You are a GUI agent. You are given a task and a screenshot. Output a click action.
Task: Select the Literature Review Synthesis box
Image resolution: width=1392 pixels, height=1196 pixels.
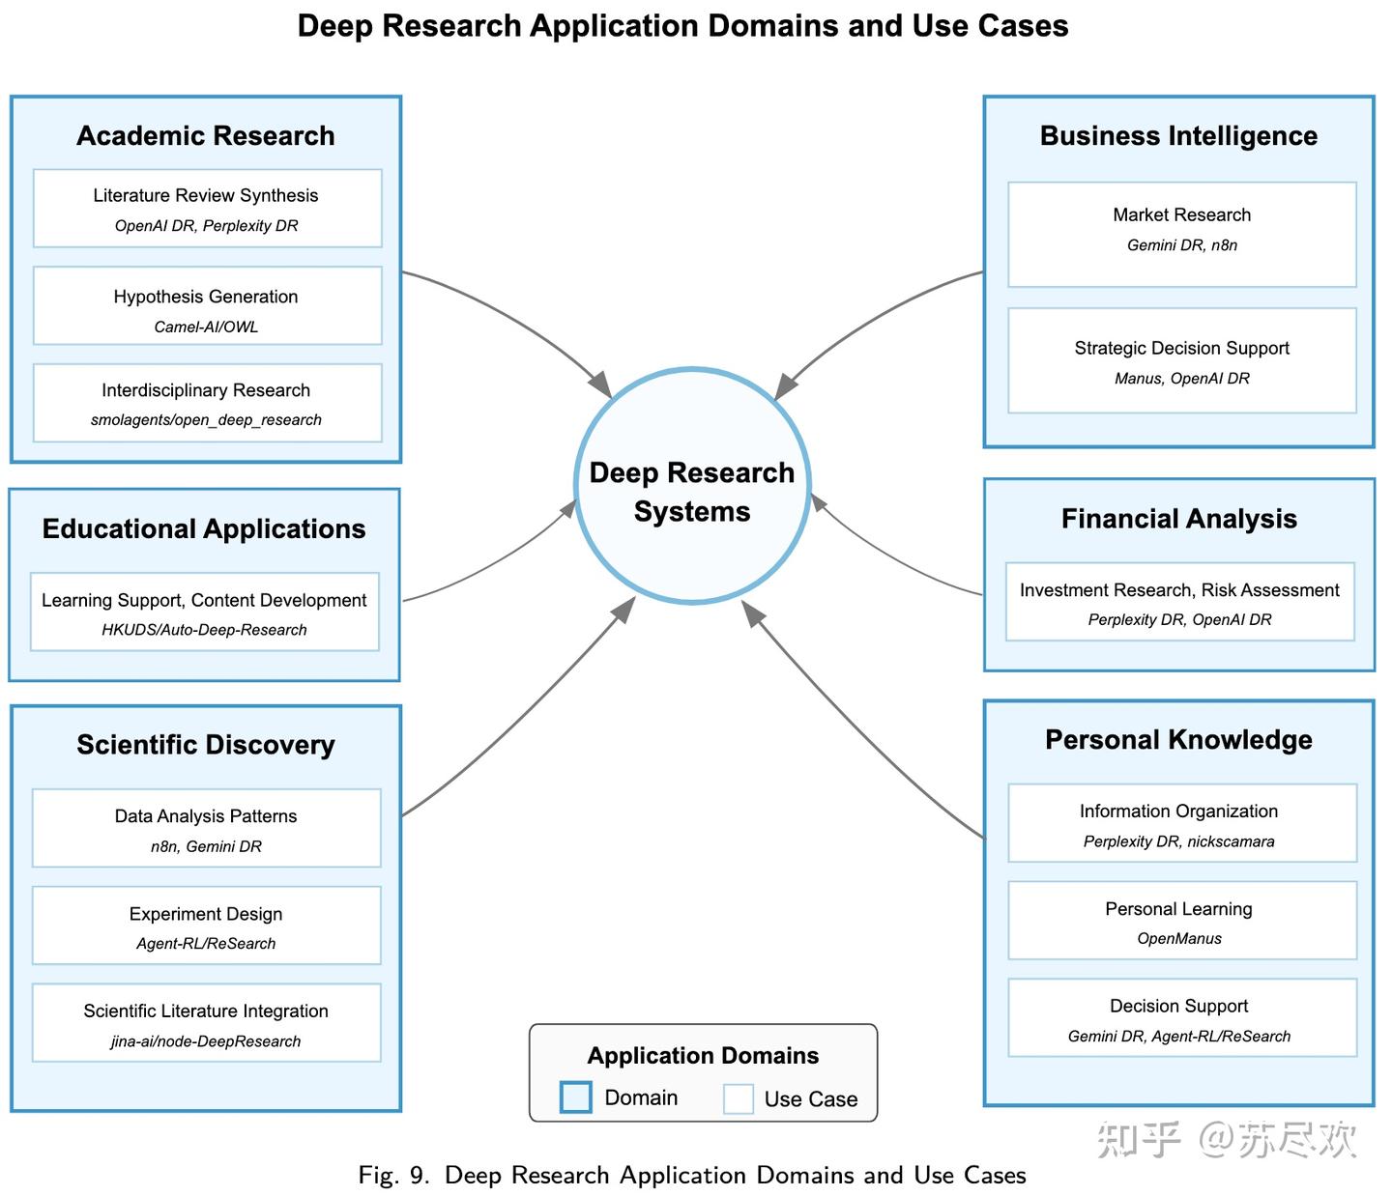tap(208, 209)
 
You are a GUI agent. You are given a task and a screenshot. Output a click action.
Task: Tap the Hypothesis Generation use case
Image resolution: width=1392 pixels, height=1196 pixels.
tap(208, 306)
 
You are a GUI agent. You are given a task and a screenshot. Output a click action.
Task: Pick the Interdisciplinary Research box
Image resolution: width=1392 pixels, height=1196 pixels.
tap(208, 404)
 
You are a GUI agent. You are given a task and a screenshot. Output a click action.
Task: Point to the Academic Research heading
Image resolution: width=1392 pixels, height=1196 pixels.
tap(206, 136)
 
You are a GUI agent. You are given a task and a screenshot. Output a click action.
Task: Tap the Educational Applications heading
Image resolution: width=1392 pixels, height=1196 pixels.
tap(205, 529)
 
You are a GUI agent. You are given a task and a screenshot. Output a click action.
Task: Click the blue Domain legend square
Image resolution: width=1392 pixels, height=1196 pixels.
tap(577, 1098)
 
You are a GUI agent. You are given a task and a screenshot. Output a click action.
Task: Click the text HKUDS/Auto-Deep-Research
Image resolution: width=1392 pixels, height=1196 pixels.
tap(205, 631)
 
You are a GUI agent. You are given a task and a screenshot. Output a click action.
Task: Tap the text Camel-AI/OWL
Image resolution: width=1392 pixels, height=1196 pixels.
tap(207, 327)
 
